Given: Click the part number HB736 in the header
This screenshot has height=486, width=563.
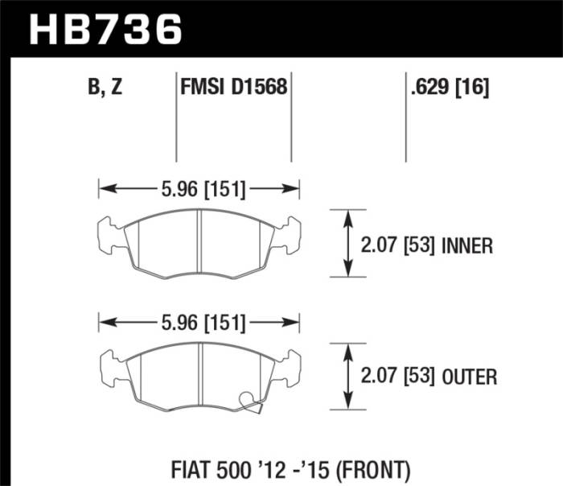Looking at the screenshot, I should click(x=105, y=30).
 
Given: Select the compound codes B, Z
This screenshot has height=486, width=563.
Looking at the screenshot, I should click(x=105, y=88).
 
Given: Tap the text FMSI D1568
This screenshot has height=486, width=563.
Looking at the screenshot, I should click(x=233, y=88).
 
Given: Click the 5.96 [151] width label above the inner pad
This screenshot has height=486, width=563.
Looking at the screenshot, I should click(x=199, y=190).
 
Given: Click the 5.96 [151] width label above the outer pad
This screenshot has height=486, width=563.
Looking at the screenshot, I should click(x=199, y=323).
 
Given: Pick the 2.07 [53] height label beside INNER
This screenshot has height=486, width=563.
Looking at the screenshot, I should click(x=394, y=245).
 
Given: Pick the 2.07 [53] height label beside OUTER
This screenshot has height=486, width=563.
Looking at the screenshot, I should click(x=394, y=376).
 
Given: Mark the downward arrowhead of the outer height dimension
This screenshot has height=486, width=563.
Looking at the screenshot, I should click(x=347, y=405).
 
